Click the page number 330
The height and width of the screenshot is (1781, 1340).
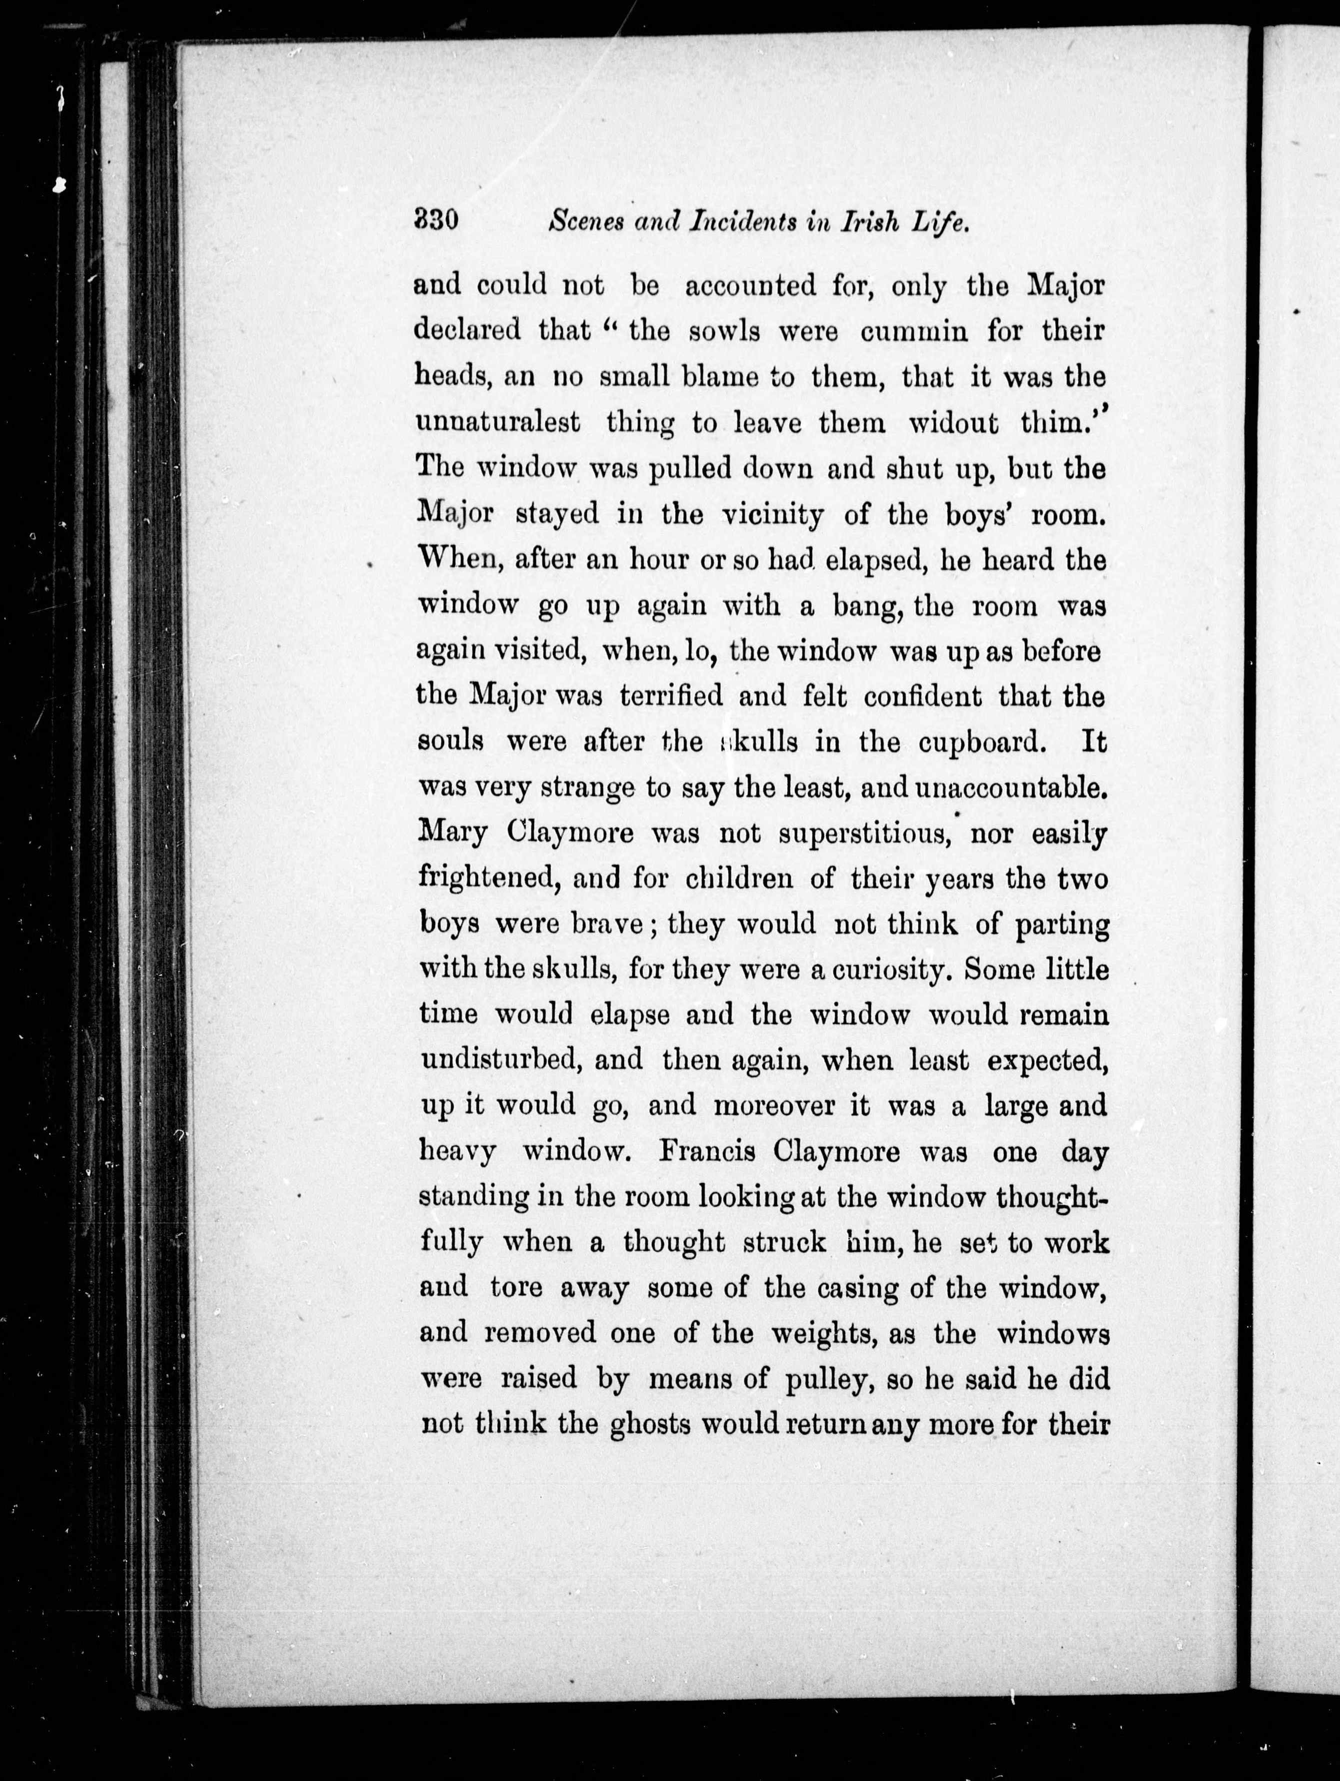click(x=435, y=222)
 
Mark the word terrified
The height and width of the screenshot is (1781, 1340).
click(x=672, y=696)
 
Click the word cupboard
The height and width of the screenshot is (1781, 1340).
click(x=982, y=742)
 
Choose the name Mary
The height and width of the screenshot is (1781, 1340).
click(x=452, y=834)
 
